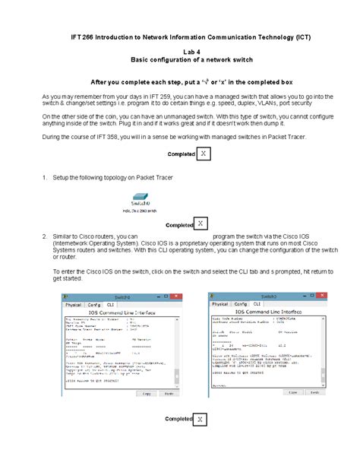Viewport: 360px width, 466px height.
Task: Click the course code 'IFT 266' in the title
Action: tap(83, 36)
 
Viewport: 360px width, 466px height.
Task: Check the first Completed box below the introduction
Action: tap(203, 155)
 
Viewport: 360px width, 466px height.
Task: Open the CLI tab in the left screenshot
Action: tap(131, 304)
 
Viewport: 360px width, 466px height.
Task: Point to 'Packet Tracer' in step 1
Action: tap(156, 177)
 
